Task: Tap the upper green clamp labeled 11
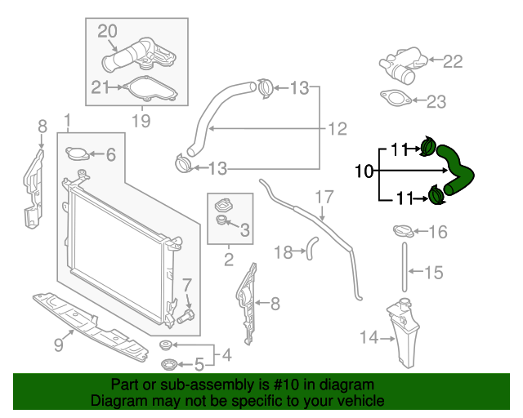click(427, 148)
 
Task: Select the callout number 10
click(364, 171)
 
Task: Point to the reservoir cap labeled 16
click(405, 232)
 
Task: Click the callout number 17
click(324, 197)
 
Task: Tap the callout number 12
click(337, 128)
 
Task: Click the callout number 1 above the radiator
click(67, 121)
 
